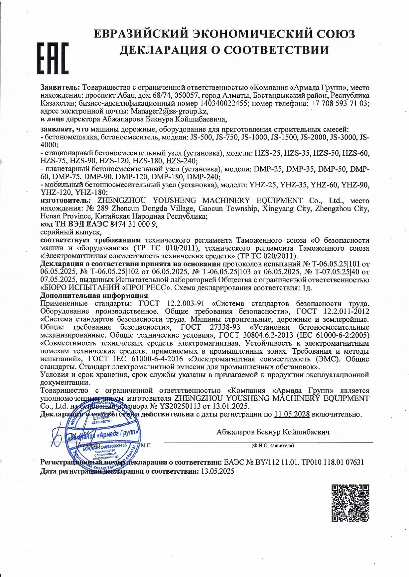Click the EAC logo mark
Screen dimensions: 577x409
tap(52, 58)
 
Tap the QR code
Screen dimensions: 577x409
tap(350, 503)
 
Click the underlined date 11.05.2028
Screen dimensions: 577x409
tap(291, 414)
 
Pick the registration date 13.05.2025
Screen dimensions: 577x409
tap(218, 471)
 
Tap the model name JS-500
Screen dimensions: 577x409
tap(201, 138)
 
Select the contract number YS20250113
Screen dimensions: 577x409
tap(186, 406)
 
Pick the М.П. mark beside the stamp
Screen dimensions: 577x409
tap(146, 445)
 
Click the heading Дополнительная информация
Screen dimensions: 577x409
tap(94, 295)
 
